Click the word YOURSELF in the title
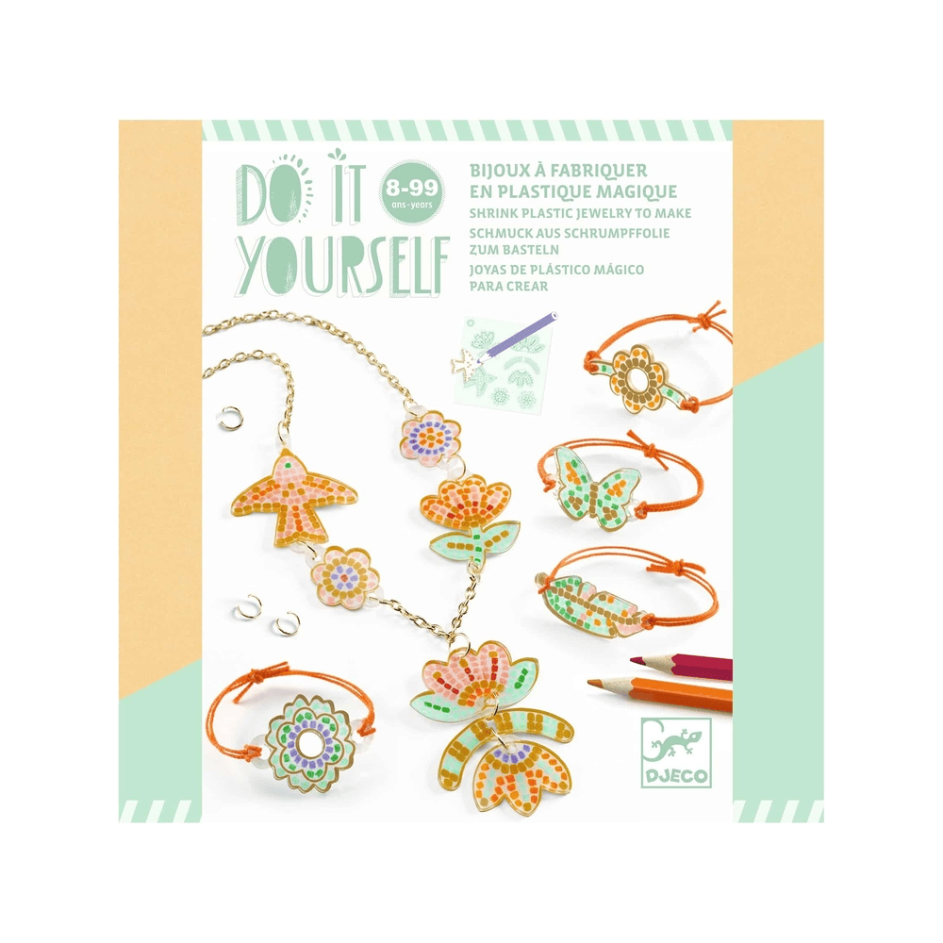(343, 266)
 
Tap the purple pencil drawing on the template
(521, 337)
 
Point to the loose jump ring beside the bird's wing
(230, 419)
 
